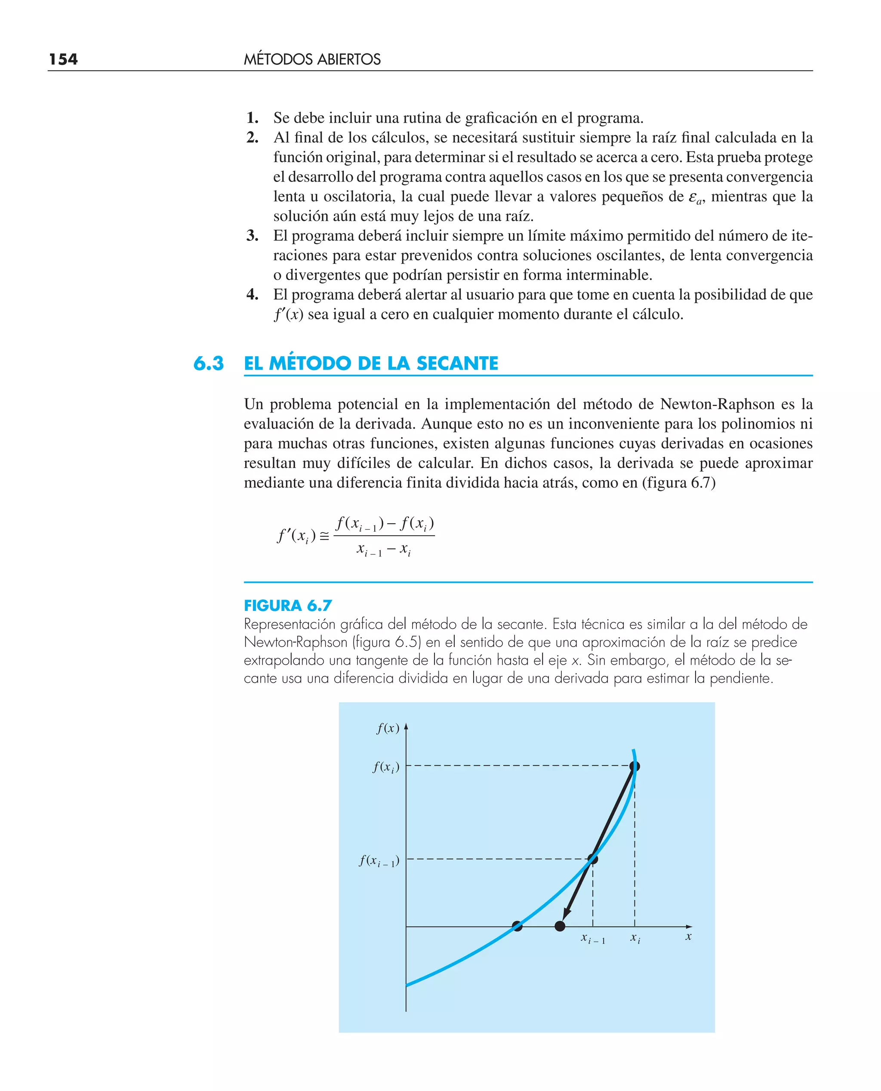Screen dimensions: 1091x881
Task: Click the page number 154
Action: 63,59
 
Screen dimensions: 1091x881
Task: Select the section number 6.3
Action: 208,364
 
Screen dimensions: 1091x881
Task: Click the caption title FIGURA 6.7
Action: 287,605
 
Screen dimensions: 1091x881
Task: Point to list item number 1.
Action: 252,118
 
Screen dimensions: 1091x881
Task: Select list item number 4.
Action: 252,294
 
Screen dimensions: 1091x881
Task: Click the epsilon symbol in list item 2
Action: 694,197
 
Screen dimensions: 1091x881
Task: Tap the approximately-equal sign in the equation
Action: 324,536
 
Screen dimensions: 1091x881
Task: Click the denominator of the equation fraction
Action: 384,549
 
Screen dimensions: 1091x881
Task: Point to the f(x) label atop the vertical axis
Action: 388,728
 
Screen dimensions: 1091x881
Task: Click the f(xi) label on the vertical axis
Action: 386,767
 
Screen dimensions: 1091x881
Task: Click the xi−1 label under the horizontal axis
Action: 593,939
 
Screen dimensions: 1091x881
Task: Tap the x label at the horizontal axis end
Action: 688,937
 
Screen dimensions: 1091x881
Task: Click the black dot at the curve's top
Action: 635,766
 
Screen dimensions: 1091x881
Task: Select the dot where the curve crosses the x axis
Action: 517,926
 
